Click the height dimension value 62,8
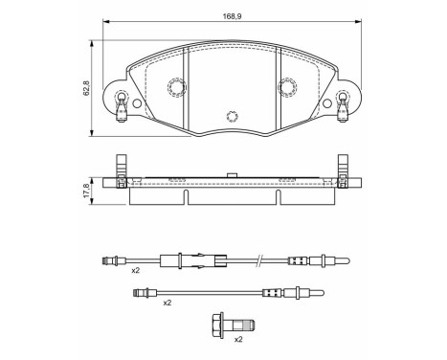(86, 87)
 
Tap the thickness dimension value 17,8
(86, 188)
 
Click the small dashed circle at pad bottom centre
(231, 117)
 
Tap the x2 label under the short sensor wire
(167, 302)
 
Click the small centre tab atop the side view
(231, 173)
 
